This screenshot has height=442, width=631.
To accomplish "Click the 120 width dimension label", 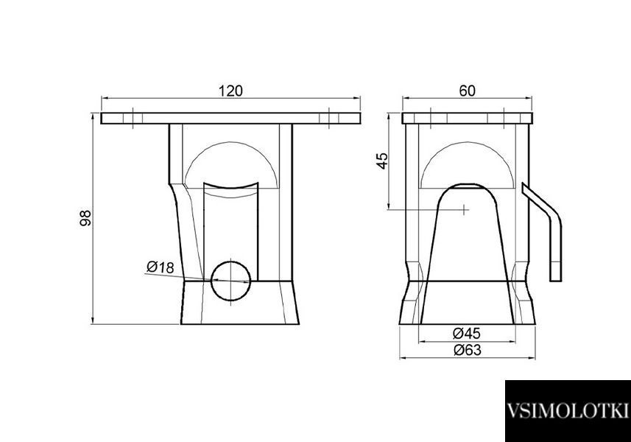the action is (230, 91).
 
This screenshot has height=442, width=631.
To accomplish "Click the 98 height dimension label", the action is (86, 218).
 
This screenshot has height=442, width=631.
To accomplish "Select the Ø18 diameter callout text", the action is (161, 267).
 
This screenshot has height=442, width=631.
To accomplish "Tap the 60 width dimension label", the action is (468, 91).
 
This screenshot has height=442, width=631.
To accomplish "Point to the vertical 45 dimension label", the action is (383, 161).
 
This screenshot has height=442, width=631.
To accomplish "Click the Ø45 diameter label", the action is (467, 333).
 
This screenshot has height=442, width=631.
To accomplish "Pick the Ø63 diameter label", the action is (468, 350).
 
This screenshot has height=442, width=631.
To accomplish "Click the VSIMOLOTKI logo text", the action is (568, 411).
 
